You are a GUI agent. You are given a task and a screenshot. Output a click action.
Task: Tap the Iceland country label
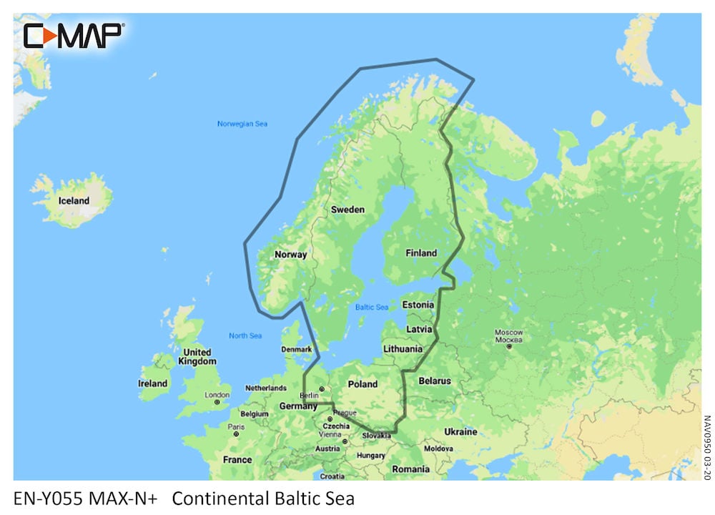[x=74, y=201]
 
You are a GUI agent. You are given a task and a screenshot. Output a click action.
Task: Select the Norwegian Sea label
[x=242, y=124]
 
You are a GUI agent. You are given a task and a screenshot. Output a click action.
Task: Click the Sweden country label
[x=347, y=210]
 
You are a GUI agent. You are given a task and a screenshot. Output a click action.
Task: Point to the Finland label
[x=421, y=253]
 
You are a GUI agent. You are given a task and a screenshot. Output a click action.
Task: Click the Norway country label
[x=291, y=255]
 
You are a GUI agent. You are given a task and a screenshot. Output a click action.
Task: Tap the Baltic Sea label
[x=372, y=308]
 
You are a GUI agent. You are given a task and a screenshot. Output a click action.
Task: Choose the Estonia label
[x=418, y=305]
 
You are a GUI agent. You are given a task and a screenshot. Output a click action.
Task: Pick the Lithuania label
[x=403, y=349]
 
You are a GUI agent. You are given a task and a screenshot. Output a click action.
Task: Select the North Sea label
[x=245, y=336]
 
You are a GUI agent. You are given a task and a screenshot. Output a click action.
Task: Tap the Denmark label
[x=297, y=350]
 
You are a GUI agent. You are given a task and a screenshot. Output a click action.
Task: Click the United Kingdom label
[x=197, y=357]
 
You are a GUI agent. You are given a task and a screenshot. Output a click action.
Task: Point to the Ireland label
[x=152, y=384]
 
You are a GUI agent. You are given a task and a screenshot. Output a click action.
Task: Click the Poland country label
[x=363, y=384]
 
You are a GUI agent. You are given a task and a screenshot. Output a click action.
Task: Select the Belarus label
[x=435, y=381]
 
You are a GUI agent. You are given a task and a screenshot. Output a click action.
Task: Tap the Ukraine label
[x=460, y=432]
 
